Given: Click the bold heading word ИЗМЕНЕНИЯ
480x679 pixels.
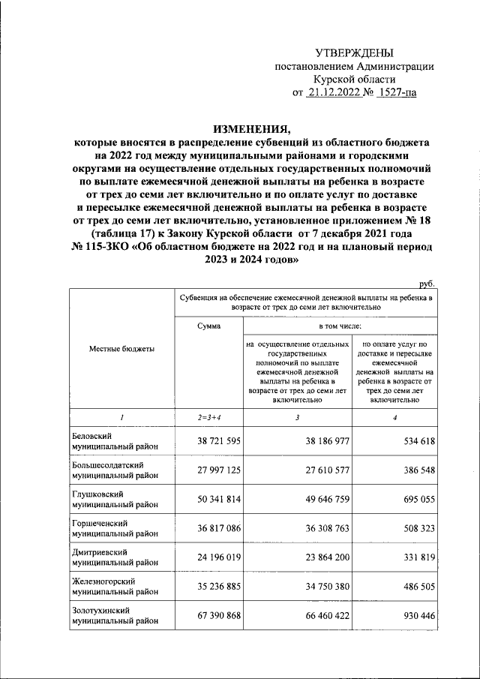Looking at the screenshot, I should click(251, 128).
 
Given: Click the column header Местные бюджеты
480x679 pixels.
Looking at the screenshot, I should click(122, 350).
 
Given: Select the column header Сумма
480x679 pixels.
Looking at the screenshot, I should click(209, 326).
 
